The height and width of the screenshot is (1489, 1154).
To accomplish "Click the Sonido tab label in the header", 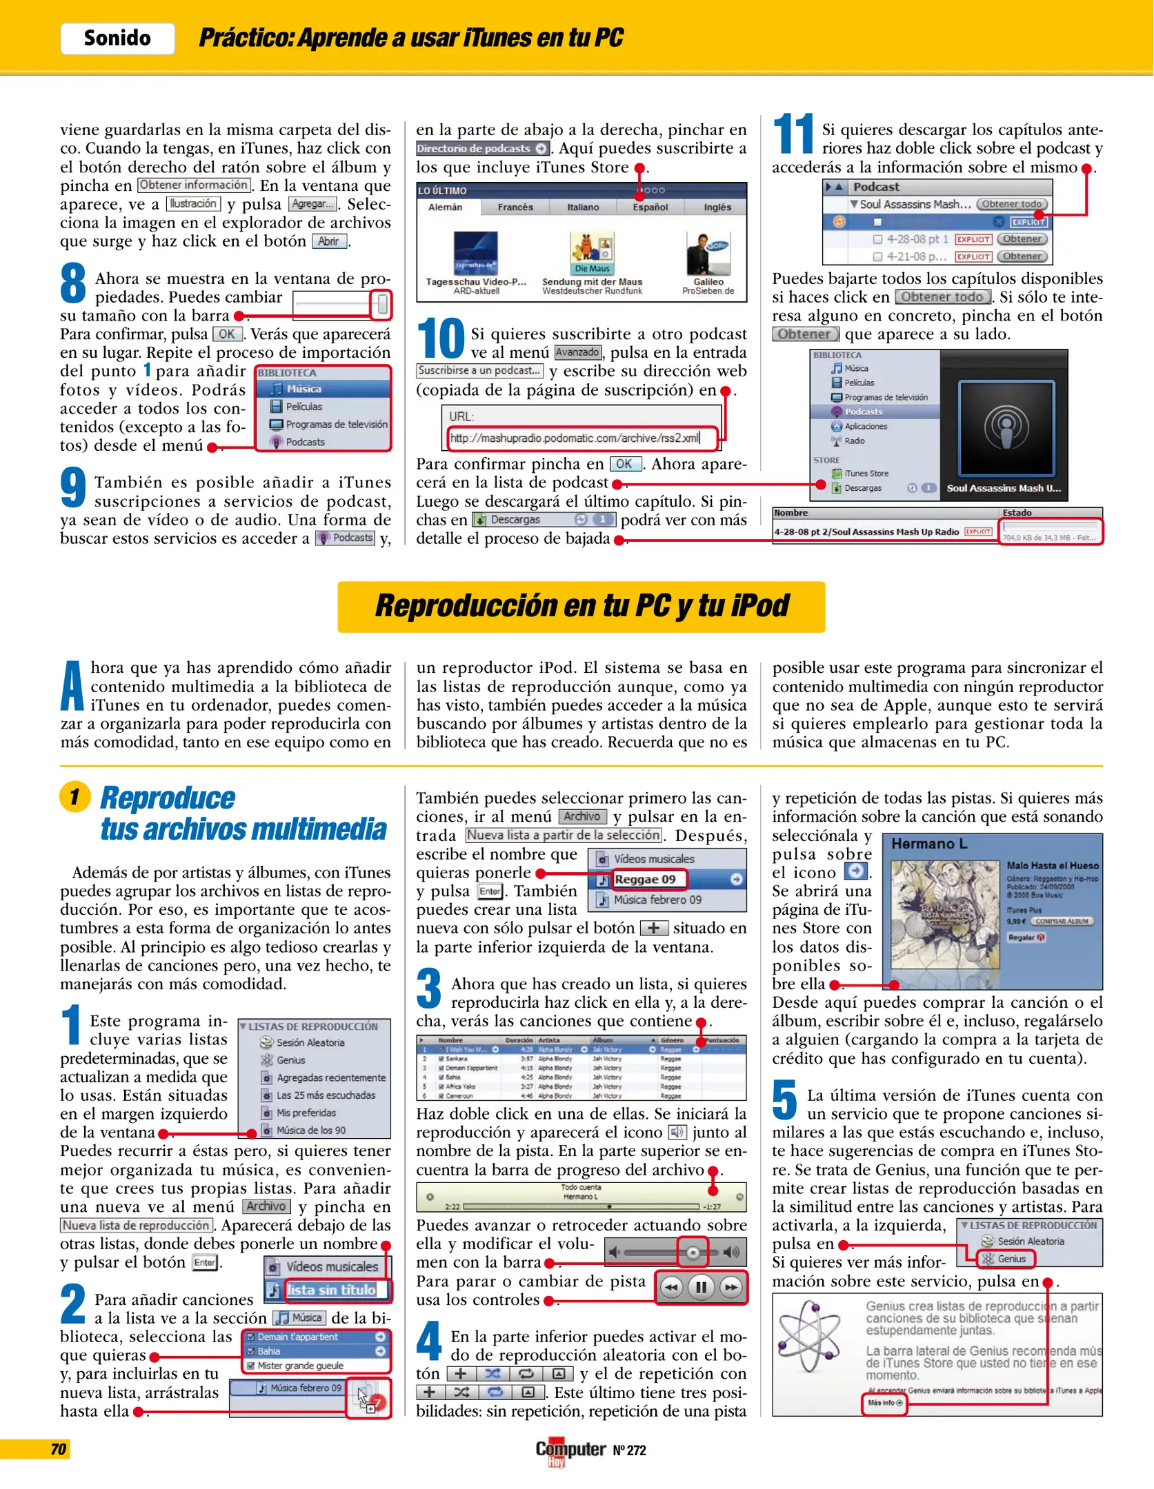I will tap(117, 38).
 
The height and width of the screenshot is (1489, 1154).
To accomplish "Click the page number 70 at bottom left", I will tap(58, 1449).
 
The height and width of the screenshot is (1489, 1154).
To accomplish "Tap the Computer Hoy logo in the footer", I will tap(570, 1450).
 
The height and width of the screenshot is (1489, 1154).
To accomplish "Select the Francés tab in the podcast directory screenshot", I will tap(515, 207).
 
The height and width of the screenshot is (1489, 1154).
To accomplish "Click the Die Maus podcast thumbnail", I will tap(592, 252).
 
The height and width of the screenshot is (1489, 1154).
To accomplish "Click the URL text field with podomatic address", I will tap(579, 438).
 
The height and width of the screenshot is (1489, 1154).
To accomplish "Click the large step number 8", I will tap(73, 283).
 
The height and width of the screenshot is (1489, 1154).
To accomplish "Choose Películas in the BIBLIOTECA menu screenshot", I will tap(304, 407).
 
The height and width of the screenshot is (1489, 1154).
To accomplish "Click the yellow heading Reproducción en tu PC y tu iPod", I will tap(581, 607).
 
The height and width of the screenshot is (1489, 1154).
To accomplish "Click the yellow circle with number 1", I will tap(75, 797).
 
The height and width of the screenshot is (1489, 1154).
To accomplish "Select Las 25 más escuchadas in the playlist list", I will tap(325, 1095).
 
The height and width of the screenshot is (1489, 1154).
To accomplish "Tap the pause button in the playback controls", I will tap(701, 1287).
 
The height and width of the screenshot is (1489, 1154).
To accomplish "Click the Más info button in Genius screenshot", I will tap(884, 1403).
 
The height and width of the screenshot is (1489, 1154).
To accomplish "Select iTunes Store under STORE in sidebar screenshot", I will tap(866, 474).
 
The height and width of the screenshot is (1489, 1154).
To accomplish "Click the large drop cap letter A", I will tap(72, 687).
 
